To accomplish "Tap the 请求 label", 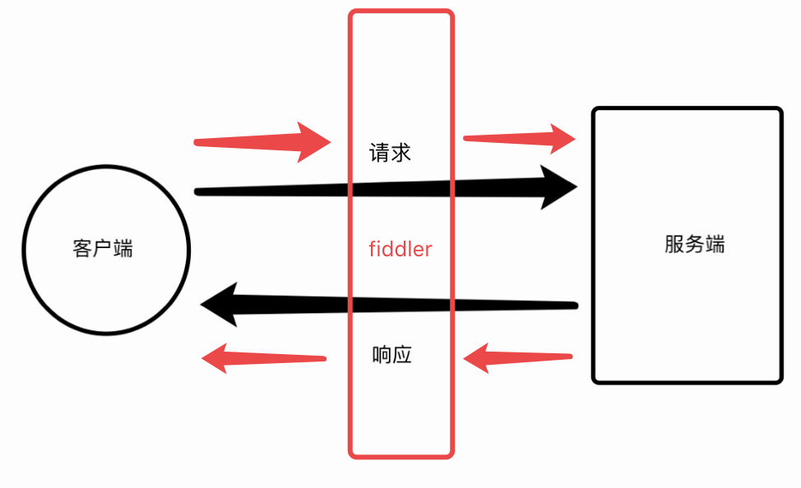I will click(x=390, y=153).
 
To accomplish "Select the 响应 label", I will click(x=391, y=355).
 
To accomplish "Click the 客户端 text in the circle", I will click(x=103, y=249).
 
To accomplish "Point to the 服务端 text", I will click(x=695, y=245).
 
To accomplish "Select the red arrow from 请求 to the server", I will click(x=520, y=138).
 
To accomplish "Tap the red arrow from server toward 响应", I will click(x=517, y=357).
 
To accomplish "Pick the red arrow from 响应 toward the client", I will click(x=263, y=358).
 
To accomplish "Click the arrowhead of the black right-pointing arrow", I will click(x=560, y=187).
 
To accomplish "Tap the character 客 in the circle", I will click(x=82, y=249).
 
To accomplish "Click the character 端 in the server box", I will click(x=715, y=245).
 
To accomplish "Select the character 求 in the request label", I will click(x=400, y=153).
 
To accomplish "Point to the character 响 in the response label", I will click(x=382, y=355).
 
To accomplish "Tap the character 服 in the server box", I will click(x=674, y=245).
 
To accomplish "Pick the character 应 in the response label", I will click(x=402, y=355).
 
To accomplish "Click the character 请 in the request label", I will click(x=379, y=153).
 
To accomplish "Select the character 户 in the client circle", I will click(x=103, y=249).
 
